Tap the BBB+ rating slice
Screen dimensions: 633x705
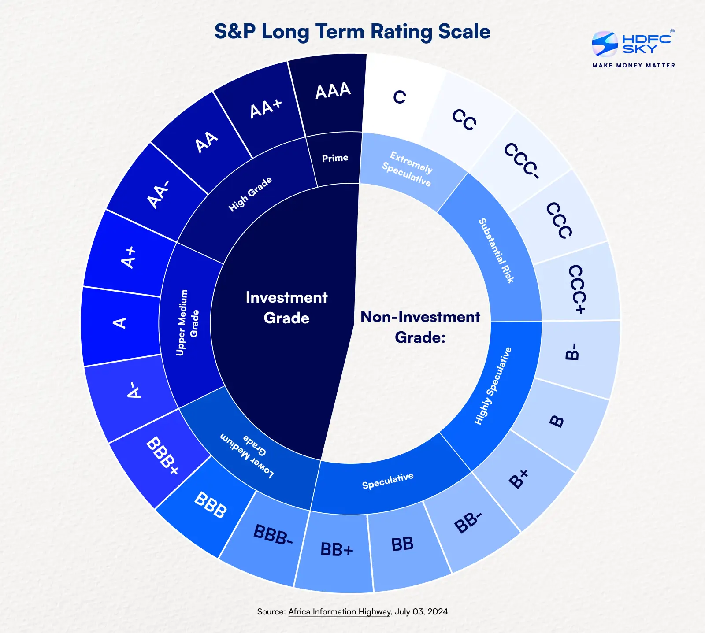162,456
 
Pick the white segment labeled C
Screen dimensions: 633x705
399,97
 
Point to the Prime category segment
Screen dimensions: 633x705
335,158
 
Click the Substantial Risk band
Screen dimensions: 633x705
496,251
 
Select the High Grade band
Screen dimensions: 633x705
250,194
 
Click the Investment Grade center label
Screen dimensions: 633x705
286,307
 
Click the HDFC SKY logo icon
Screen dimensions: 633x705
605,44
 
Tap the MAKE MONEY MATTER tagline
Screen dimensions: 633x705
634,65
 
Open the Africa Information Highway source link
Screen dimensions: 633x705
339,612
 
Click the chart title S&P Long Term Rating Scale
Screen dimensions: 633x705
352,32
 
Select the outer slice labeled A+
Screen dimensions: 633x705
129,258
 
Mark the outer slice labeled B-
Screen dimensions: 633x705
572,352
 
